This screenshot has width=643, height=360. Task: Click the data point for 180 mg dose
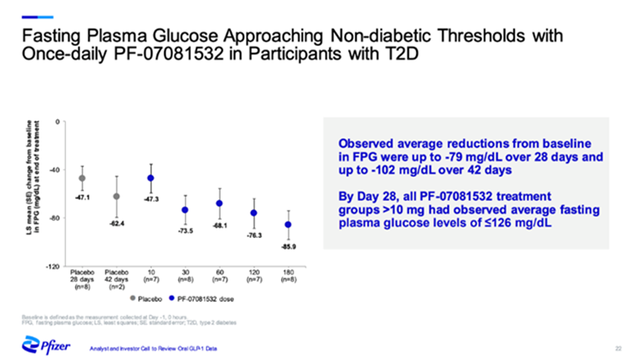click(288, 225)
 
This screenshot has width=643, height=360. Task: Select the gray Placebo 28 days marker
click(82, 179)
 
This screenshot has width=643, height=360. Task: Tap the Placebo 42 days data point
click(116, 196)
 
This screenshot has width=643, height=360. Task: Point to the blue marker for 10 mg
click(151, 179)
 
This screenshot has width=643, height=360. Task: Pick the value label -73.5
click(185, 231)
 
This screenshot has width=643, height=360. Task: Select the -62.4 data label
click(116, 223)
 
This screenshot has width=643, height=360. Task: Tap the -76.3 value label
click(253, 235)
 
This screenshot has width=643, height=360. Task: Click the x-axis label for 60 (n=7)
click(219, 276)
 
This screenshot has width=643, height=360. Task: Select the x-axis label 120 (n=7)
click(253, 276)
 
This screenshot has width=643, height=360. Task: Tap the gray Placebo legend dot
click(132, 299)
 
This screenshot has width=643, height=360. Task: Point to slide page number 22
click(618, 348)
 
